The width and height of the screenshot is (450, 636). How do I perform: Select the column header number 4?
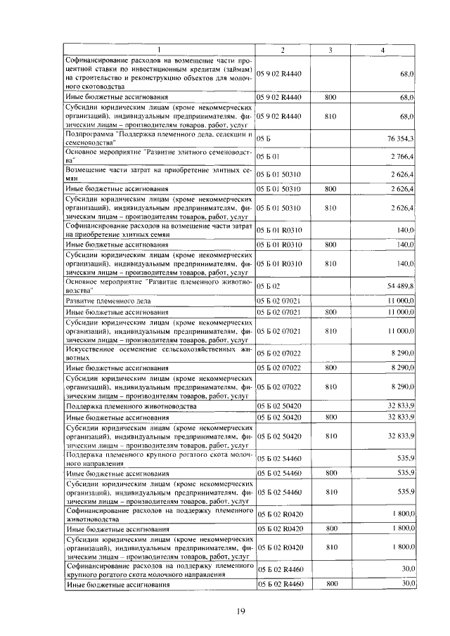[x=382, y=49]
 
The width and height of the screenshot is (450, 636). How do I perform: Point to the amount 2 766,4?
[x=401, y=156]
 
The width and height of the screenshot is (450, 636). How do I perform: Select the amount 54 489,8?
[x=400, y=285]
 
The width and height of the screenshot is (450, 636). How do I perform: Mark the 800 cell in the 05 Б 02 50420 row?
[x=332, y=417]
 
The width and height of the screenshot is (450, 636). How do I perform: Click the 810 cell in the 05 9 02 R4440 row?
[x=332, y=115]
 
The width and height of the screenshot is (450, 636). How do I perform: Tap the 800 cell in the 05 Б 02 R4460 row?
[x=332, y=583]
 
